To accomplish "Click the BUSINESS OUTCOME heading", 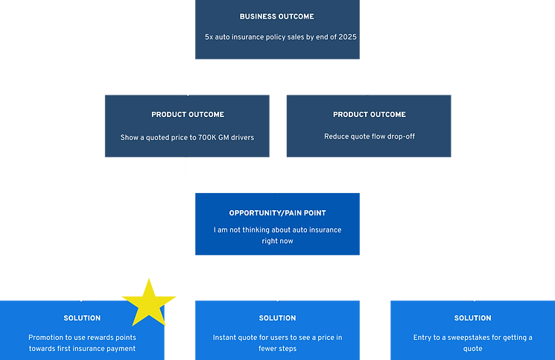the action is tap(277, 16).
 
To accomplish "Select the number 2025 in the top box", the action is tap(347, 37).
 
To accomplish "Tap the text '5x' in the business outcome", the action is tap(209, 37).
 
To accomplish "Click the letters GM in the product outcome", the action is tap(223, 138).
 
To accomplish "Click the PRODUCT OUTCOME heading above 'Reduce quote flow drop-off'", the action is tap(370, 115).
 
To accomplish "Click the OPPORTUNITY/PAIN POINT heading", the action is tap(277, 213).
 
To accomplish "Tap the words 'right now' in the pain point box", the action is tap(277, 241).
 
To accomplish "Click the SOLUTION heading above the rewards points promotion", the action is tap(82, 318).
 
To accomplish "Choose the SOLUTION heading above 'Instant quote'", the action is tap(277, 318).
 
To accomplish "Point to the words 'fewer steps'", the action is tap(277, 349).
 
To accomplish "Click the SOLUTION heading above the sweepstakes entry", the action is tap(473, 318).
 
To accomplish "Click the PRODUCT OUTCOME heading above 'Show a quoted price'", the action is tap(188, 115).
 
